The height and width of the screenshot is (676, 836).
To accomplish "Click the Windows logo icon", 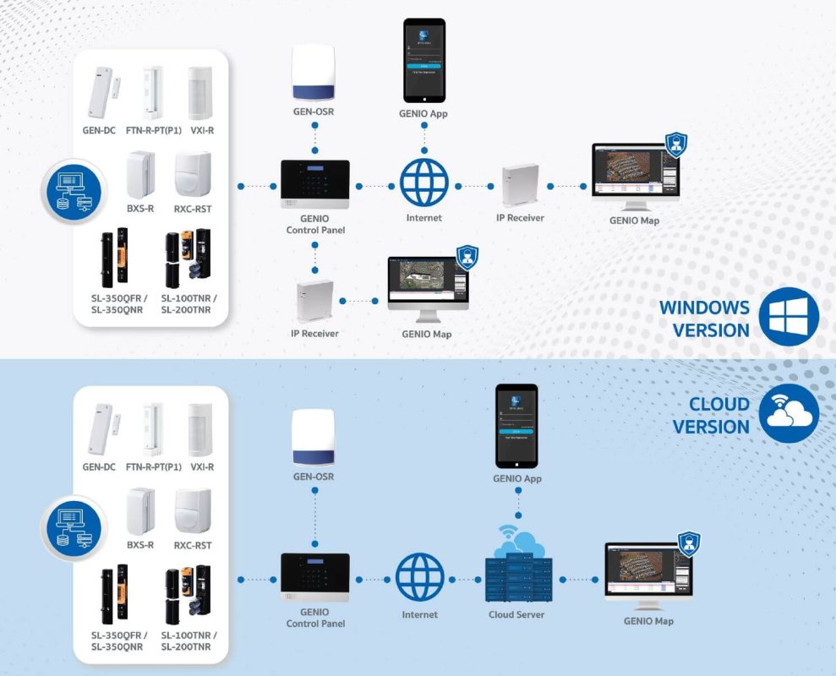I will (788, 317).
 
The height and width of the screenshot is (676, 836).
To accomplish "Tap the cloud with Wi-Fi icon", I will (788, 413).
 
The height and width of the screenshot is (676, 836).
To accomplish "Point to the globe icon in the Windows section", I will (423, 183).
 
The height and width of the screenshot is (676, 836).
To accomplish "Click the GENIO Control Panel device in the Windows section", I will (314, 185).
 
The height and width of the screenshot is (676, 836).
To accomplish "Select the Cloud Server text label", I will (516, 614).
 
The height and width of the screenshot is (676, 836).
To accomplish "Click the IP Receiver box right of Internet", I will (519, 184).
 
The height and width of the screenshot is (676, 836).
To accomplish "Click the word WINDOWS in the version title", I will (704, 308).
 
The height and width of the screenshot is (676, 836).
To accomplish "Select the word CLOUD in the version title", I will (719, 403).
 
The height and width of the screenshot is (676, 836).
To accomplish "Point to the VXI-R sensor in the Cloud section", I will (200, 429).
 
